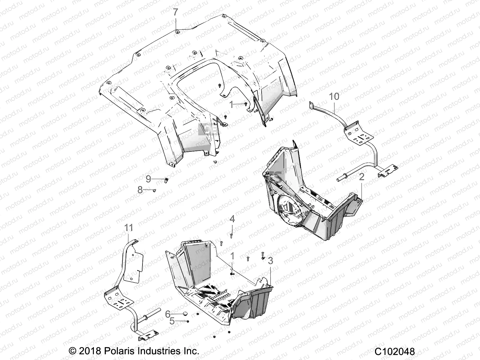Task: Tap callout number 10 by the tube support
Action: click(334, 97)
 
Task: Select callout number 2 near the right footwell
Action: click(361, 177)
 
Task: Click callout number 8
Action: click(140, 190)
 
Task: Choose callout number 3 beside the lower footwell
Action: click(270, 261)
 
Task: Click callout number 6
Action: click(168, 314)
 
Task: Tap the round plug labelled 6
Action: click(185, 314)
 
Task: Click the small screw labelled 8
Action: click(154, 190)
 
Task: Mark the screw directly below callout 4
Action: click(231, 236)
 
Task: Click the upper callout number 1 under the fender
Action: click(231, 104)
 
